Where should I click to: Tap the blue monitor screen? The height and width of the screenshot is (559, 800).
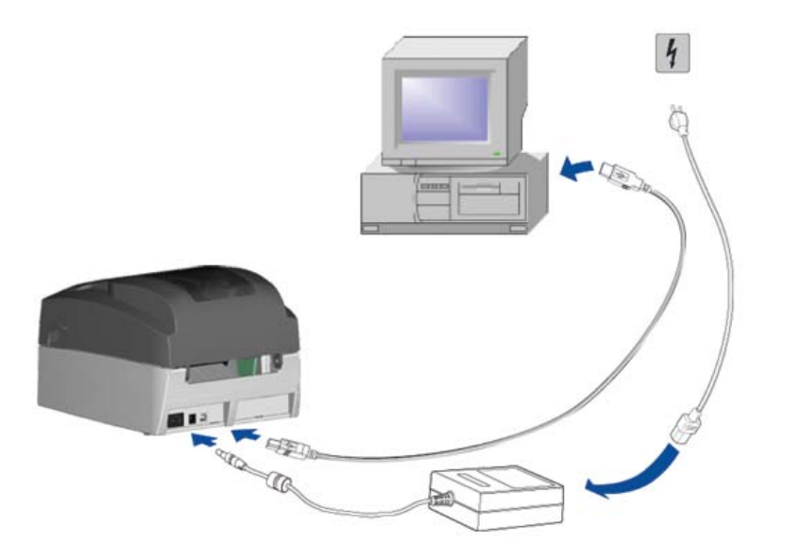click(x=444, y=106)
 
